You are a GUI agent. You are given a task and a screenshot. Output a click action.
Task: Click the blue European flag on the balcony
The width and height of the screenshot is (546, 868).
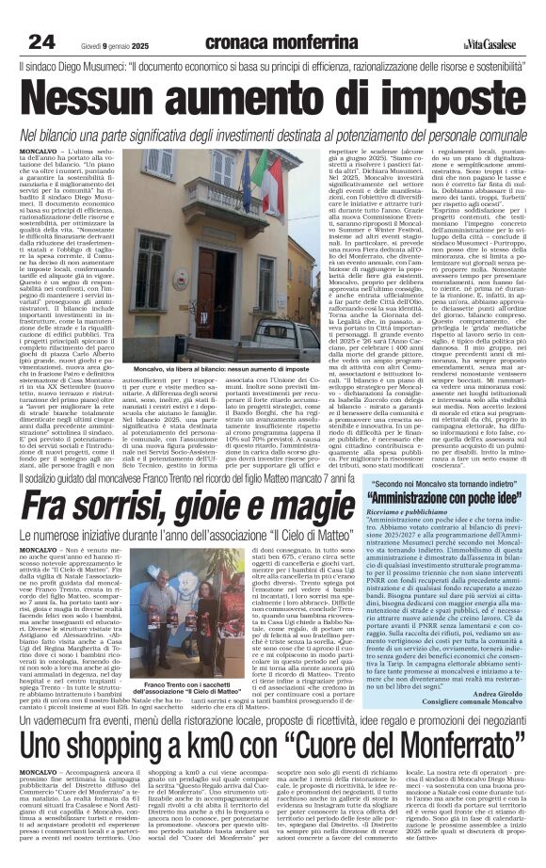tap(153, 185)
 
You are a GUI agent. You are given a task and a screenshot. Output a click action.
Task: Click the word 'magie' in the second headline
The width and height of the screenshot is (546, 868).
tap(300, 511)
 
